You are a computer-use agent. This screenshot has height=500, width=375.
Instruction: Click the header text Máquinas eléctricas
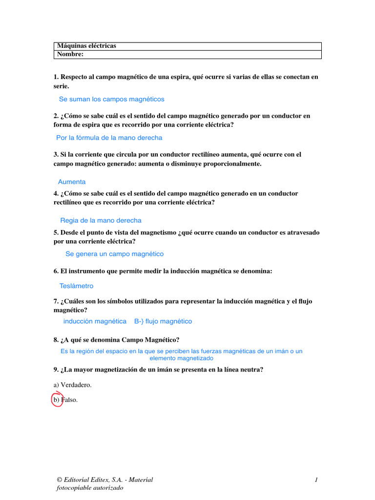pyautogui.click(x=87, y=46)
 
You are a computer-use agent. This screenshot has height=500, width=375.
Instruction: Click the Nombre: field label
pyautogui.click(x=71, y=54)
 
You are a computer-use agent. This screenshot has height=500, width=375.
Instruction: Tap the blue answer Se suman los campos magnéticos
pyautogui.click(x=111, y=99)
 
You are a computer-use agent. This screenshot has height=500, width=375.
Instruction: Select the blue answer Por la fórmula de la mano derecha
pyautogui.click(x=109, y=138)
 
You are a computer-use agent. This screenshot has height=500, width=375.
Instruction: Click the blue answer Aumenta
pyautogui.click(x=72, y=182)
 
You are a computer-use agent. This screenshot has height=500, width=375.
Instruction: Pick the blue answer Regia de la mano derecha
pyautogui.click(x=101, y=220)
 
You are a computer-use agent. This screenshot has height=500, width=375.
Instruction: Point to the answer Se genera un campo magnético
pyautogui.click(x=115, y=254)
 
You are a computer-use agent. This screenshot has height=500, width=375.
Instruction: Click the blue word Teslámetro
pyautogui.click(x=76, y=286)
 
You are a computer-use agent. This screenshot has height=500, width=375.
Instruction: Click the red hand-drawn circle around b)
pyautogui.click(x=57, y=400)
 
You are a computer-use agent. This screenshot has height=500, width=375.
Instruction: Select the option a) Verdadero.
pyautogui.click(x=73, y=385)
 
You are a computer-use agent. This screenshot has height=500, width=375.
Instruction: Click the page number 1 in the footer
pyautogui.click(x=316, y=480)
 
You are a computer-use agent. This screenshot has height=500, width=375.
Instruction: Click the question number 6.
pyautogui.click(x=56, y=271)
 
